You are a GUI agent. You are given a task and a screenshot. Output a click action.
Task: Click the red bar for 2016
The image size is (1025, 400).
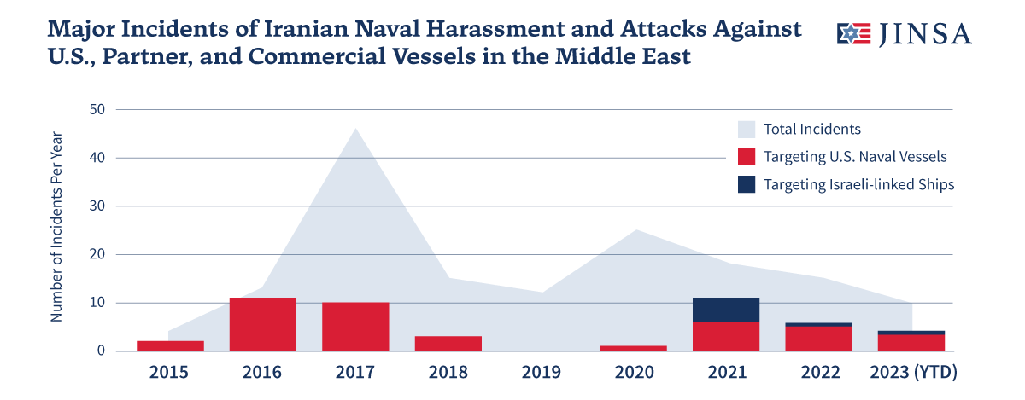pyautogui.click(x=263, y=324)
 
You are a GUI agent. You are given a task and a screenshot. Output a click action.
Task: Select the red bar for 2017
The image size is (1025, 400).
pyautogui.click(x=355, y=327)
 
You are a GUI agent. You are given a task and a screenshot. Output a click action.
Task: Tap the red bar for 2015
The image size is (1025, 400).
pyautogui.click(x=171, y=345)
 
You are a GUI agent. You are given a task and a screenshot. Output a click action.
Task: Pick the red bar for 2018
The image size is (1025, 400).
pyautogui.click(x=448, y=343)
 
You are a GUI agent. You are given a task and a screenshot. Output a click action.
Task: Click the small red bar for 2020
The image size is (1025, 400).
pyautogui.click(x=633, y=348)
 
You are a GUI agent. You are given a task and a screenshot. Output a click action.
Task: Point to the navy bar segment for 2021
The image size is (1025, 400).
pyautogui.click(x=726, y=310)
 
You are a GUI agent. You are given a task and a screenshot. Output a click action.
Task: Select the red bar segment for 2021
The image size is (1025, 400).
pyautogui.click(x=726, y=336)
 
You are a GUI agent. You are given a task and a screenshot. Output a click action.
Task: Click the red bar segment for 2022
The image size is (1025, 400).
pyautogui.click(x=818, y=339)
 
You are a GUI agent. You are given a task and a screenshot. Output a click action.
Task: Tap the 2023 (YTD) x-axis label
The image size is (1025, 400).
pyautogui.click(x=912, y=373)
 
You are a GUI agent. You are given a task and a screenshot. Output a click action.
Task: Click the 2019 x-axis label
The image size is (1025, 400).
pyautogui.click(x=541, y=373)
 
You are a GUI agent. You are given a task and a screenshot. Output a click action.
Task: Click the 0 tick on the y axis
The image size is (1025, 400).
pyautogui.click(x=100, y=351)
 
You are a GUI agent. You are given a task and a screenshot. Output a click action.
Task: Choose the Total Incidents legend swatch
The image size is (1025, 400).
pyautogui.click(x=747, y=130)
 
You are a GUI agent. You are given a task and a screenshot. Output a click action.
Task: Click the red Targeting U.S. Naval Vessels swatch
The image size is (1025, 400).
pyautogui.click(x=747, y=157)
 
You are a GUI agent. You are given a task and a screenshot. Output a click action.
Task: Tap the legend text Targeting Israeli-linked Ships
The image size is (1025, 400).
pyautogui.click(x=858, y=184)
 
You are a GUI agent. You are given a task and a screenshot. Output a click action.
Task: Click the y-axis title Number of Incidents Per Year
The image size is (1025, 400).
pyautogui.click(x=56, y=226)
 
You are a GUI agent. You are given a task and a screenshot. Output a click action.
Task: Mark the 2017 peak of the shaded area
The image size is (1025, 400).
pyautogui.click(x=355, y=130)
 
